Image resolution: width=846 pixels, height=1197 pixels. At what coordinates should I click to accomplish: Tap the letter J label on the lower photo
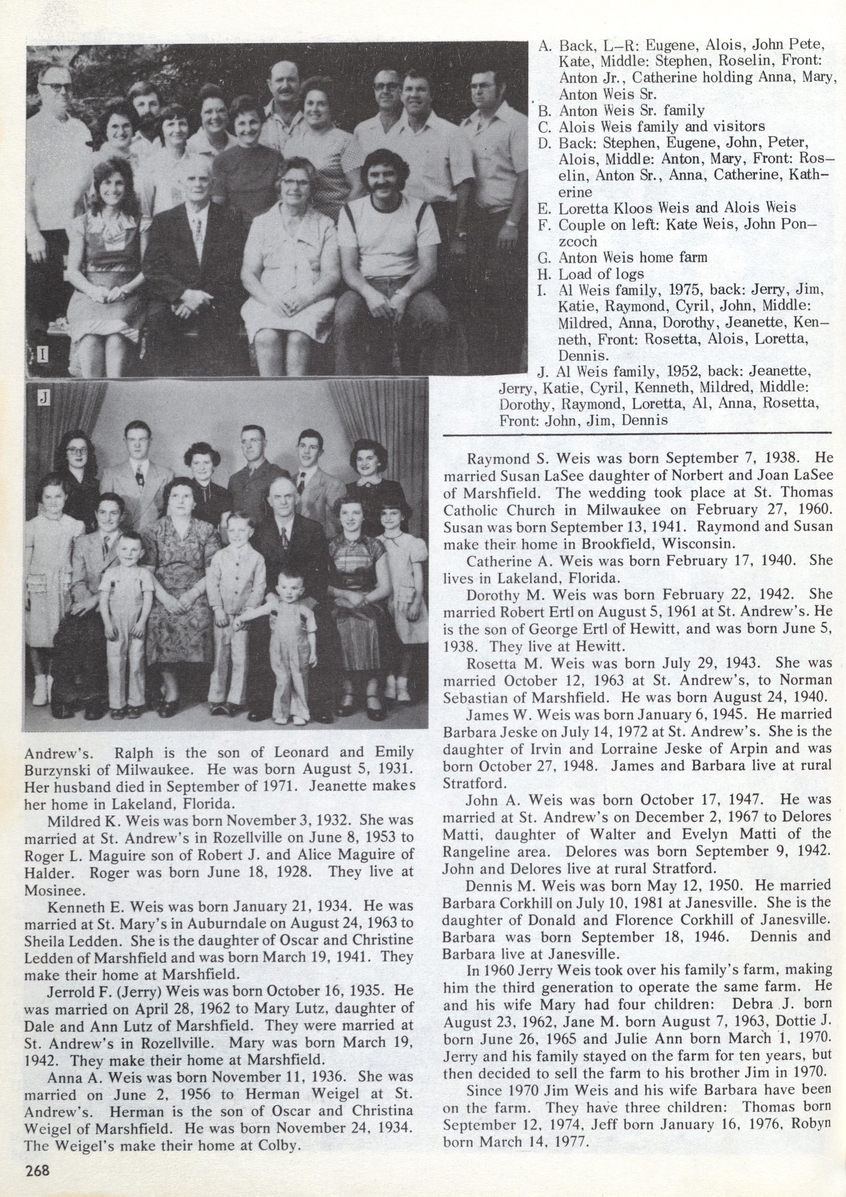44,399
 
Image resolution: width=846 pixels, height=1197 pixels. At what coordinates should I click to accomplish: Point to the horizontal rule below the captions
636,433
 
